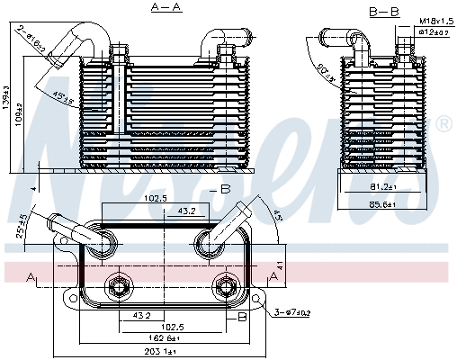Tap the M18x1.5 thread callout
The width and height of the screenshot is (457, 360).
click(435, 20)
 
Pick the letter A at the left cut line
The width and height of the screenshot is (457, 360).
click(32, 275)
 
